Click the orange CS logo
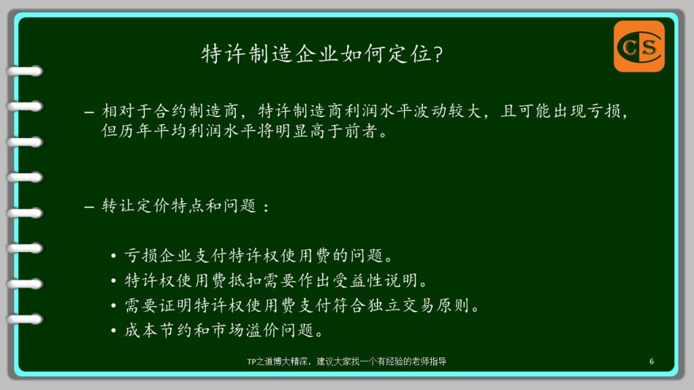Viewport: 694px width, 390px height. (639, 47)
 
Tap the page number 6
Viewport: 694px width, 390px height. (651, 362)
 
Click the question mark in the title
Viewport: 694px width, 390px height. (438, 54)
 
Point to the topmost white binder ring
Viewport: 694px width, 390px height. (25, 71)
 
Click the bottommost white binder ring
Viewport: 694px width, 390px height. (25, 319)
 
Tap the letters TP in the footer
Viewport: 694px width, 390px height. (251, 362)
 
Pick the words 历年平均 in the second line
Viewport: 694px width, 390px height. (152, 131)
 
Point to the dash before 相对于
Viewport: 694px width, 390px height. (89, 112)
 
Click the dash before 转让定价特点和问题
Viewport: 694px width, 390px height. (89, 207)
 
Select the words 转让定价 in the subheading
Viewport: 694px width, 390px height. (136, 206)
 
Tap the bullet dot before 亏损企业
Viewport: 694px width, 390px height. (114, 256)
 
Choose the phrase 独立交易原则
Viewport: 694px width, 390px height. (418, 305)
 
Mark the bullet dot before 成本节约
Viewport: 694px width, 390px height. (114, 330)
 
